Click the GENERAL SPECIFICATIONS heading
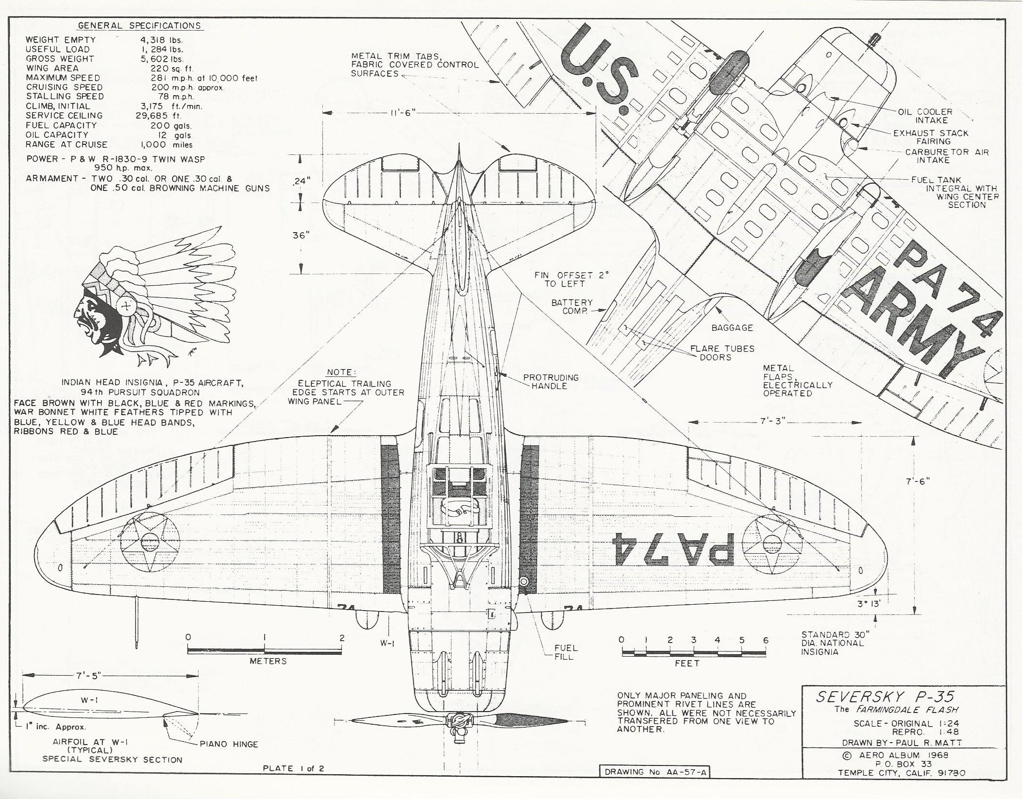pos(139,26)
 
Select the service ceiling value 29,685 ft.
pos(158,116)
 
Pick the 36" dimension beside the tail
pos(301,236)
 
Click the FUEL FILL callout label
pos(566,652)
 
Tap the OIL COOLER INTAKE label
pos(925,116)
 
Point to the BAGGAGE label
pos(732,328)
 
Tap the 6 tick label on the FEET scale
pos(766,640)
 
